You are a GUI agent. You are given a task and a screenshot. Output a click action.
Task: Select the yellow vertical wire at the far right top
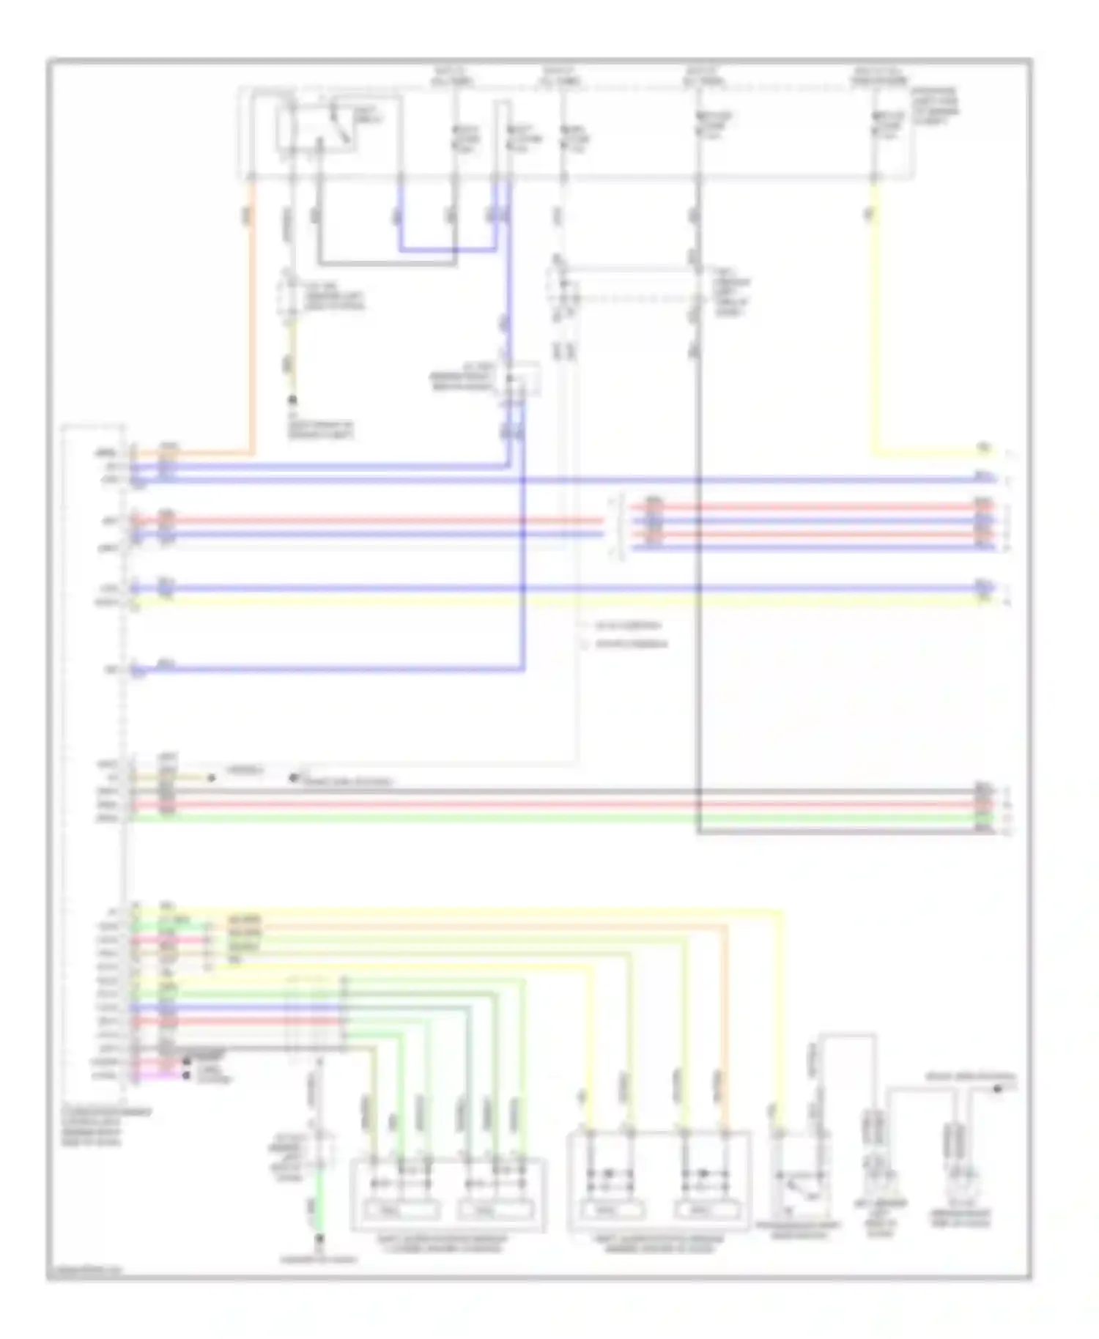click(x=873, y=315)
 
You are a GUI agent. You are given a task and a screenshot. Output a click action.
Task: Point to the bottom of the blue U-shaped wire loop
click(x=447, y=249)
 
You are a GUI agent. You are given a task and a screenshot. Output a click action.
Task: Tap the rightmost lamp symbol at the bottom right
click(x=959, y=1179)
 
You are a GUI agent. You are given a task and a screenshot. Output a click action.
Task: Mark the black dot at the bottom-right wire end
click(x=997, y=1089)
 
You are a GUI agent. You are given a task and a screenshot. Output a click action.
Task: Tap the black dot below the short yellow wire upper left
click(x=292, y=401)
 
